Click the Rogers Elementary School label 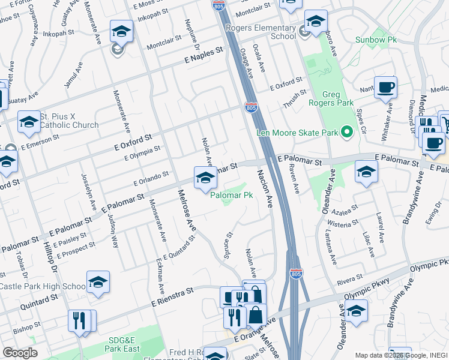[261, 31]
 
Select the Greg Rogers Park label [340, 98]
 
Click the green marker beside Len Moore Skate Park [346, 131]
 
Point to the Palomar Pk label [231, 196]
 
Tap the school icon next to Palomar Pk [205, 178]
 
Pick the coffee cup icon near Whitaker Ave [385, 88]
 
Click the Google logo [20, 352]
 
